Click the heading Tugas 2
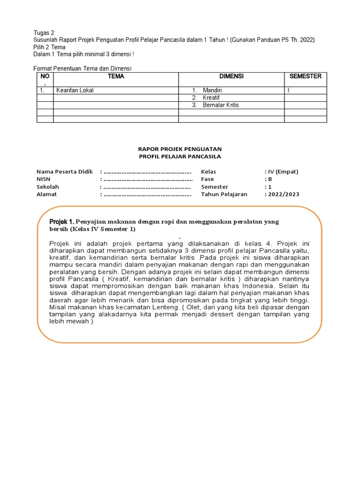44,33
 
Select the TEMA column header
116,76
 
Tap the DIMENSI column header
232,76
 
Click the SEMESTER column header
305,76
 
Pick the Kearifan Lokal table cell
75,90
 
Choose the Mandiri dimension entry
212,90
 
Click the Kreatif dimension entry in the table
211,98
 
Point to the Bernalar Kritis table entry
221,105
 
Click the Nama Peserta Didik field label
65,172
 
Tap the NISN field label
43,179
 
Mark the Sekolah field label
47,187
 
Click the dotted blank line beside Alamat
147,194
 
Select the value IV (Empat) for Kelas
283,172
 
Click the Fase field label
207,179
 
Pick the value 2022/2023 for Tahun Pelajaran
284,194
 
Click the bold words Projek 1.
61,221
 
